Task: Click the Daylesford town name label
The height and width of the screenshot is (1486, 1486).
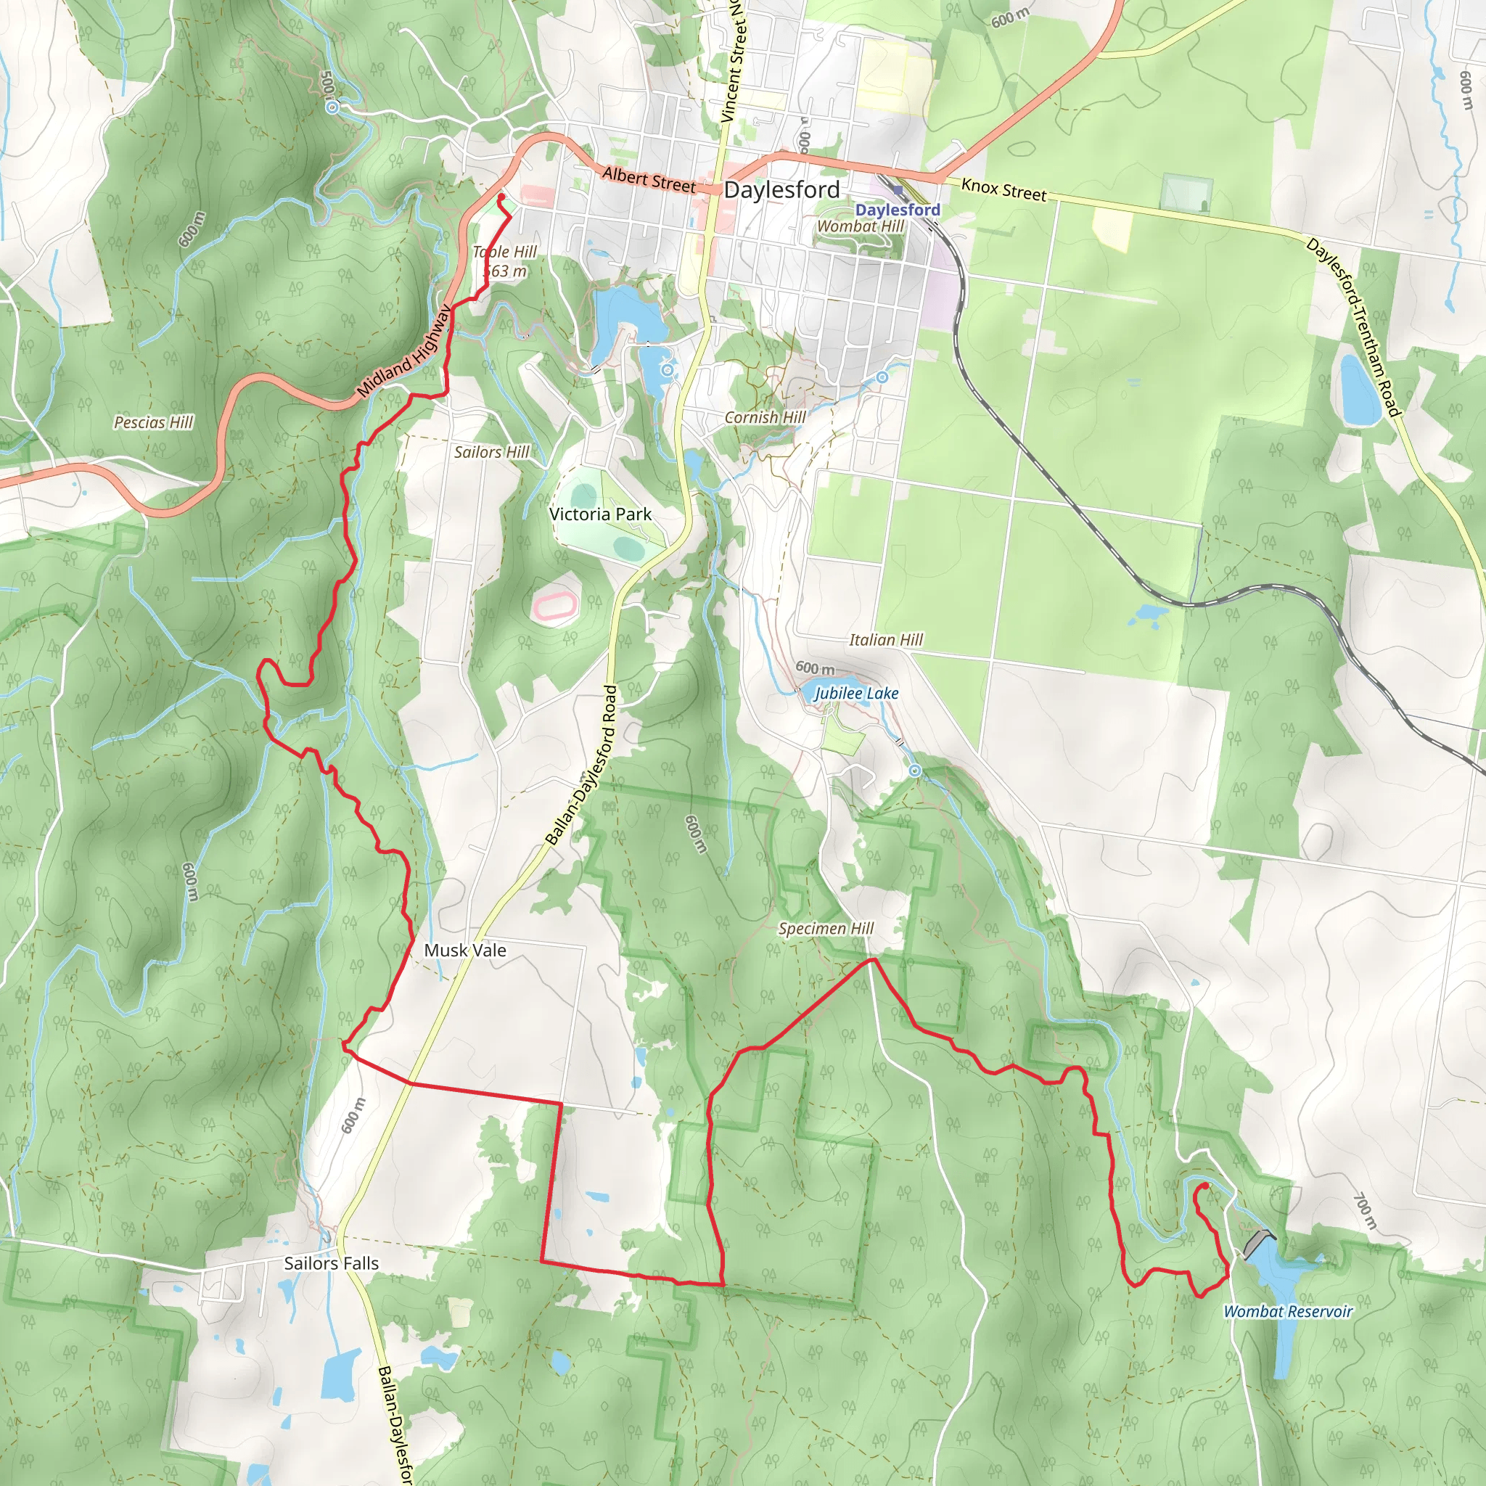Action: [781, 190]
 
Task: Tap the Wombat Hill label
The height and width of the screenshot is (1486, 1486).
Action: [860, 226]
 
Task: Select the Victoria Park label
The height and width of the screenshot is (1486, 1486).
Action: [600, 514]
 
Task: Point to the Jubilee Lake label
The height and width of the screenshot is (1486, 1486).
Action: [855, 693]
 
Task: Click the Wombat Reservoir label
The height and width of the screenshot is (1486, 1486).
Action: [1288, 1311]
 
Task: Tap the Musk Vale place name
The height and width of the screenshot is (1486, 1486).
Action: [465, 950]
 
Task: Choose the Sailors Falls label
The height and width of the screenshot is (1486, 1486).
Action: [331, 1263]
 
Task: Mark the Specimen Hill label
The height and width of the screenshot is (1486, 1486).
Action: [826, 928]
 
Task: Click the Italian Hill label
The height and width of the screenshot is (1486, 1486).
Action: [885, 640]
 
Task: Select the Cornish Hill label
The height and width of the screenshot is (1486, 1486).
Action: [765, 417]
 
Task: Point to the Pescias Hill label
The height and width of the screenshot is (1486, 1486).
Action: [153, 422]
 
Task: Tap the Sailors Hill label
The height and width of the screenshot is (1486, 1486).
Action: [490, 452]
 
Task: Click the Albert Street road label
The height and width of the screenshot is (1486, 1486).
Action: [649, 180]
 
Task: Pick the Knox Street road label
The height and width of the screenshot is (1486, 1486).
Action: [1003, 189]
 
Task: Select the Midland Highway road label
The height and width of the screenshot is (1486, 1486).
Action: [405, 351]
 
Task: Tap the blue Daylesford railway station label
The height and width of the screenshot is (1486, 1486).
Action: [898, 209]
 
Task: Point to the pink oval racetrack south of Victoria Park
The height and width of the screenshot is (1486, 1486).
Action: [554, 606]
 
